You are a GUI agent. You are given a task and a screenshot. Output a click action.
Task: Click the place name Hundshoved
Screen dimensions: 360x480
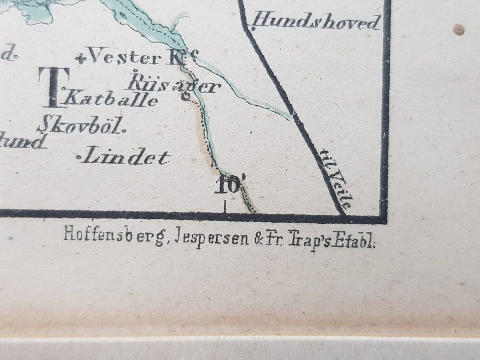317,22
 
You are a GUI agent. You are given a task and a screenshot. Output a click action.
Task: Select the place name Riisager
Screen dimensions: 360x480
174,82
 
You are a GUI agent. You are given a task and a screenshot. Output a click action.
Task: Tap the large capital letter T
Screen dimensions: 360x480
51,87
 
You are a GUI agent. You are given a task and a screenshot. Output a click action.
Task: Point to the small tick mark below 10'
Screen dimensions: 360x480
225,207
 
